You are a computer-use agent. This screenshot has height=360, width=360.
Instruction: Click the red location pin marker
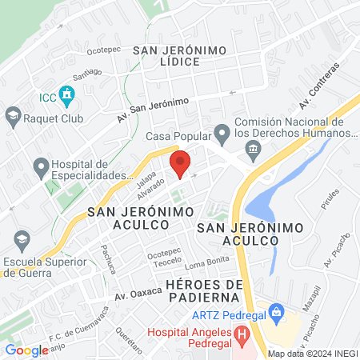click(180, 162)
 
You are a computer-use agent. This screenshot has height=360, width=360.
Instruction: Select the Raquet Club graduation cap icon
click(13, 118)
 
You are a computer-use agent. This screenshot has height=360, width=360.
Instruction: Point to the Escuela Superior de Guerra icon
click(21, 238)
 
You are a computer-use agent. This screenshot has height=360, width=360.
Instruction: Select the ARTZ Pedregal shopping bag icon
click(276, 310)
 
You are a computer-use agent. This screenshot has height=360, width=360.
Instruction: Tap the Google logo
click(26, 350)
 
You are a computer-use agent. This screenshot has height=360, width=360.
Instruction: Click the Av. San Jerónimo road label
click(152, 107)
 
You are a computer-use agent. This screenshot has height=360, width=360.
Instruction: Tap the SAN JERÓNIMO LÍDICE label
click(180, 56)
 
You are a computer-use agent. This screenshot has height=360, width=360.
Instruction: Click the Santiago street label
click(87, 73)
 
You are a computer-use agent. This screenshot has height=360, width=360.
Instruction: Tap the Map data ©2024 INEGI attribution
click(312, 354)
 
